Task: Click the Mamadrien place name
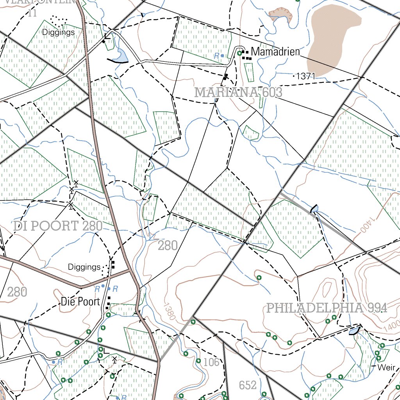coord(275,52)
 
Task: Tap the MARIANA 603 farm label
coord(238,93)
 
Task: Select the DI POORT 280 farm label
coord(58,226)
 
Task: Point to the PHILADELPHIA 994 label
coord(327,308)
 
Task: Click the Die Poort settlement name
coord(80,302)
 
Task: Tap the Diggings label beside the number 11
coord(58,32)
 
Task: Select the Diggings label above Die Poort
coord(84,267)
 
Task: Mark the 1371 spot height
coord(305,77)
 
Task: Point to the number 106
coord(211,362)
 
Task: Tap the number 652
coord(248,386)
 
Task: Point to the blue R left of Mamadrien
coord(216,56)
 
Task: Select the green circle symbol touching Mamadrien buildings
coord(239,53)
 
